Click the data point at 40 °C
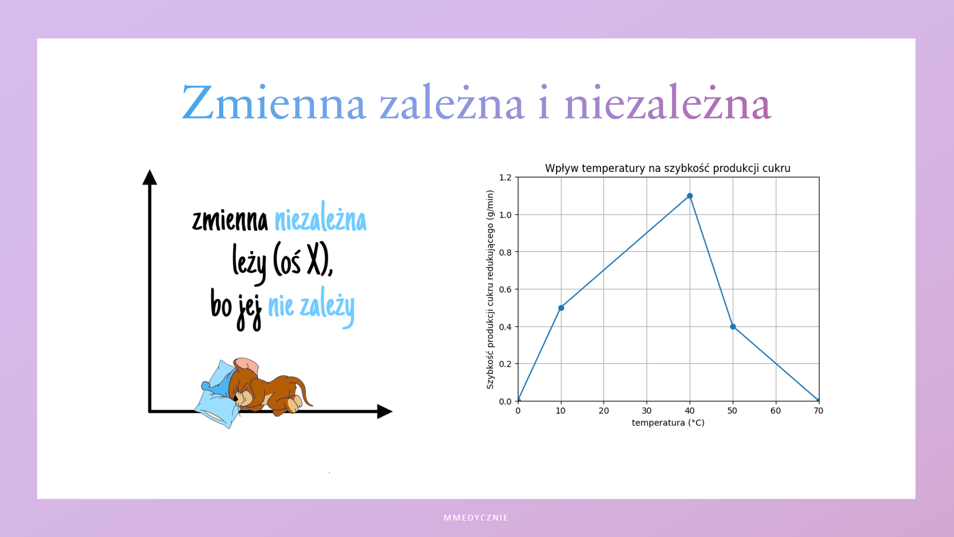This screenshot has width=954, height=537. [690, 196]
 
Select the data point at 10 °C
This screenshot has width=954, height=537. [561, 308]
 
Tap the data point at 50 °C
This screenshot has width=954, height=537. [733, 327]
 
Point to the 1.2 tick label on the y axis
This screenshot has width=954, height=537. [505, 177]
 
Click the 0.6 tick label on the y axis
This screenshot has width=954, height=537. [505, 289]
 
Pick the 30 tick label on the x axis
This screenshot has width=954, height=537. [646, 411]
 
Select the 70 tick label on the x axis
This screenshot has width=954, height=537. [818, 411]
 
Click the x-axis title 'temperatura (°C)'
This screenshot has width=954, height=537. [668, 423]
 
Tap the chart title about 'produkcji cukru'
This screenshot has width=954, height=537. [668, 168]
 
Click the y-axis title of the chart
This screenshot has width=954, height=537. [490, 290]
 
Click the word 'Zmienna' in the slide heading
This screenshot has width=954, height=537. [274, 103]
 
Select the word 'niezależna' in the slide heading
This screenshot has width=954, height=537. [668, 103]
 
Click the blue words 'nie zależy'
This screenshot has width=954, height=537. [311, 307]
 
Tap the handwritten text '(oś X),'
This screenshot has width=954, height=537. [303, 260]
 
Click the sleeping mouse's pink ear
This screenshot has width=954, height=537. [246, 365]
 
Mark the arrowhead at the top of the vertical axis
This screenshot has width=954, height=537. [150, 177]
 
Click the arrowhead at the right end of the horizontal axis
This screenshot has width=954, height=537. [385, 411]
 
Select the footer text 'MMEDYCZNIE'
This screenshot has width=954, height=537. [476, 518]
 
